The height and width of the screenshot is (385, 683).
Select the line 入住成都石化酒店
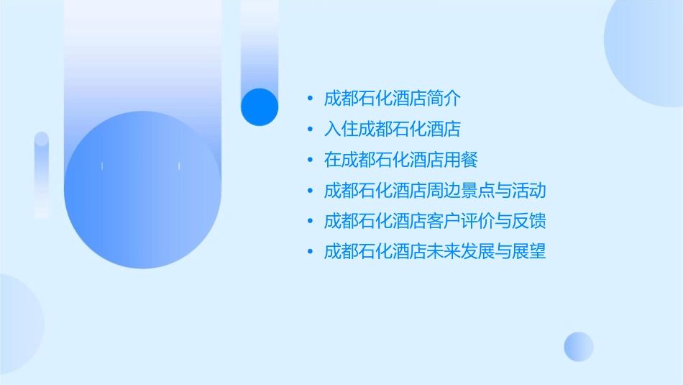tap(392, 129)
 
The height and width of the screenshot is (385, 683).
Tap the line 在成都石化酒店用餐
tap(401, 160)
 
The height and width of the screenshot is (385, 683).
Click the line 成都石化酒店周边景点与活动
tap(435, 191)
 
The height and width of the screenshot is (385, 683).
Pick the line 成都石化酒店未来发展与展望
tap(435, 252)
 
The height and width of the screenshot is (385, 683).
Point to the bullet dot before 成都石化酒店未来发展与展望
tap(310, 253)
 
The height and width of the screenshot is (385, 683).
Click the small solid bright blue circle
tap(260, 107)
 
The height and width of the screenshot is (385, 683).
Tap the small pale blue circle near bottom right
tap(579, 346)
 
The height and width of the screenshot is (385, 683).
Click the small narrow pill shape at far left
tap(42, 175)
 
